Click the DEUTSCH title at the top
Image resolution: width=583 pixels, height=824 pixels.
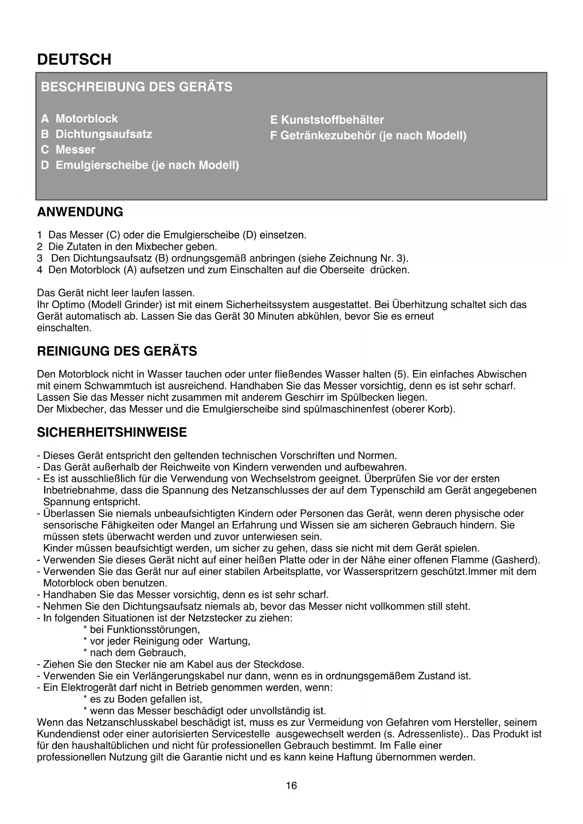tap(74, 60)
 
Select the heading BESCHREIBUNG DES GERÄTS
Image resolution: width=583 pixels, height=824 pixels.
tap(137, 87)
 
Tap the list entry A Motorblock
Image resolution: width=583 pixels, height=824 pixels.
tap(79, 118)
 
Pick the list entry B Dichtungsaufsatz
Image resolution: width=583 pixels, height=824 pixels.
tap(96, 134)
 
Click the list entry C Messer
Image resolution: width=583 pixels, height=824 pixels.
tap(68, 149)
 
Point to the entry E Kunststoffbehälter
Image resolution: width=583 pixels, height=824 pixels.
tap(327, 120)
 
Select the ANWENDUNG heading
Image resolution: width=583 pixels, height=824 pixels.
tap(80, 212)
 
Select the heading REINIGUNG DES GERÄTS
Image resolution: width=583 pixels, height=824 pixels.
tap(117, 351)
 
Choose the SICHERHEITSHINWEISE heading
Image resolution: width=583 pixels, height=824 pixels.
tap(112, 432)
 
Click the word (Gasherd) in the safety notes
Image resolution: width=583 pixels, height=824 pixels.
tap(515, 560)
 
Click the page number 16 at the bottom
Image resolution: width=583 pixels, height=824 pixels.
tap(291, 785)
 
